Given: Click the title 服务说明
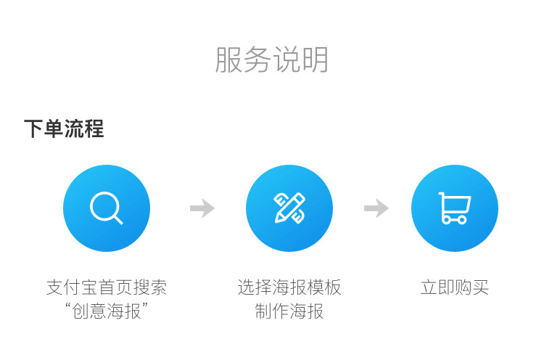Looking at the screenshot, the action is [x=272, y=60].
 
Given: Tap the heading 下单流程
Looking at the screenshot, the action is [x=64, y=129].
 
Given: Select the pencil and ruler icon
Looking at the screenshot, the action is [x=289, y=208].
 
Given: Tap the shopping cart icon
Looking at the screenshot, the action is [x=455, y=208].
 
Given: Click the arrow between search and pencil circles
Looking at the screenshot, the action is [x=202, y=209].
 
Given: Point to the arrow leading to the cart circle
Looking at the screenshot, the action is [x=376, y=209].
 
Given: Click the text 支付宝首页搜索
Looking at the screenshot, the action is [x=107, y=287].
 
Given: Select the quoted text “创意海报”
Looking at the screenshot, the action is [x=107, y=311].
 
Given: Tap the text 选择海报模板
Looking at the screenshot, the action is [x=289, y=287].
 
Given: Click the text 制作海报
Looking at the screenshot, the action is [x=289, y=311].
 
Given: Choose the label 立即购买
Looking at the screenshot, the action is [x=455, y=287].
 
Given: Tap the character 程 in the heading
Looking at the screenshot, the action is [x=94, y=129].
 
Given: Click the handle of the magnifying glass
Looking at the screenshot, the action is [x=118, y=218].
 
